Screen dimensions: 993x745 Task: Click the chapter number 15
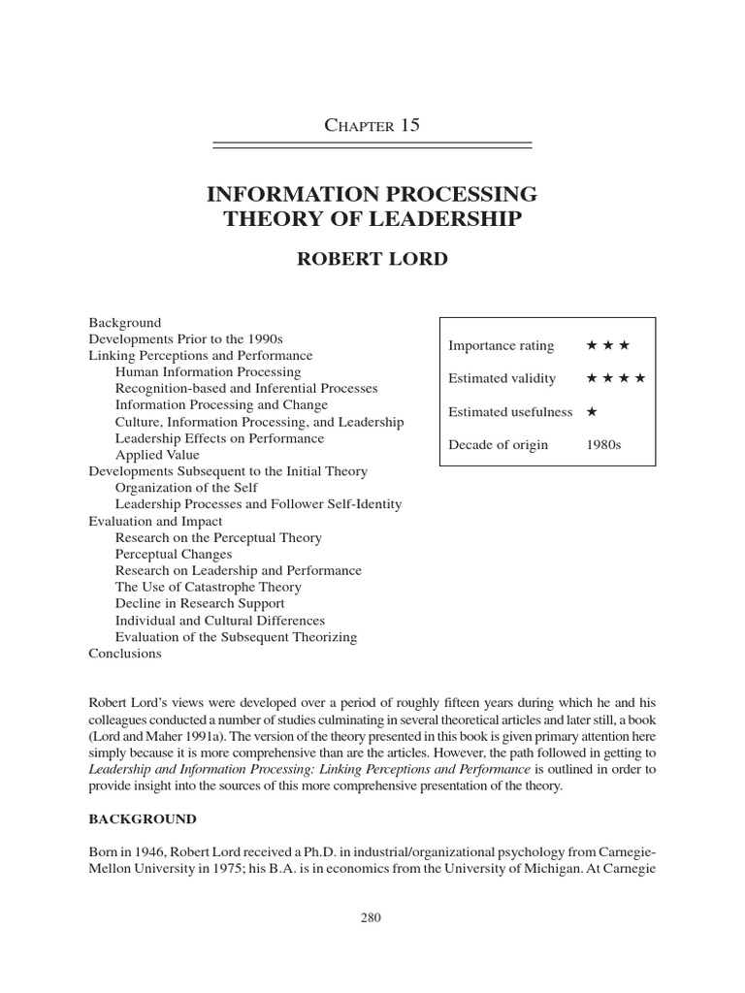409,125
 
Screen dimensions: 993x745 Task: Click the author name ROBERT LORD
372,260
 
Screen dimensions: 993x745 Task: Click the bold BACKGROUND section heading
143,819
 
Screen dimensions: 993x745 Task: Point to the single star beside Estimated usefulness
592,411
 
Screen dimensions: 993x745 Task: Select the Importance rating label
502,345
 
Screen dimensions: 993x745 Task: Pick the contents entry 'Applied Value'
157,455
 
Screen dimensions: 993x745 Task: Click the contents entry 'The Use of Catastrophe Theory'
208,587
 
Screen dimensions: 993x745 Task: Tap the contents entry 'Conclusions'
125,654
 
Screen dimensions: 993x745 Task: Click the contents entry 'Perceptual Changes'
173,554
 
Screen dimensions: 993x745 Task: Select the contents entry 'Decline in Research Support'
200,603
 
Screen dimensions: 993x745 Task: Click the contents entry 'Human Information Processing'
208,371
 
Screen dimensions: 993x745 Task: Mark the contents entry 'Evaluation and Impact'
155,521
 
